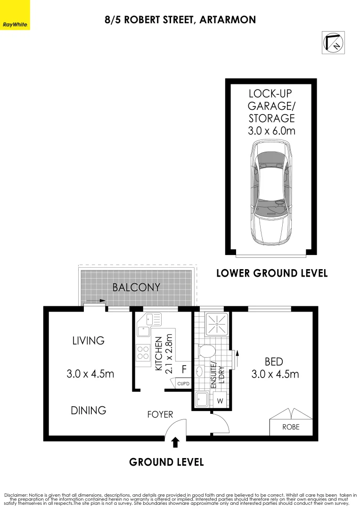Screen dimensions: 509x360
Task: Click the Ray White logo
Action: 15,24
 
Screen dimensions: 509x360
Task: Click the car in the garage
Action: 271,194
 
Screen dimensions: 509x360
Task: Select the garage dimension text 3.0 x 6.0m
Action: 271,131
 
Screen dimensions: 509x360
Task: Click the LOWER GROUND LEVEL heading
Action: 271,273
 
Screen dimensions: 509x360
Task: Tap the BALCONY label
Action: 136,287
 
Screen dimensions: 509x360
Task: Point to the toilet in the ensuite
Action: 206,351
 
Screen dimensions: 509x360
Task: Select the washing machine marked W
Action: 220,402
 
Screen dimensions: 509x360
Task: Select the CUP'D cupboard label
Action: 183,384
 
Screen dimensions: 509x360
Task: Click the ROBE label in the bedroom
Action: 290,427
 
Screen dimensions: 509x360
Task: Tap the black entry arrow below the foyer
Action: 175,442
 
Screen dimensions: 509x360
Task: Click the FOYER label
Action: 160,415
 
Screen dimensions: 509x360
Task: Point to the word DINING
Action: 88,410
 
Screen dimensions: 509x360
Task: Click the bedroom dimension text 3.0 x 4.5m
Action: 276,374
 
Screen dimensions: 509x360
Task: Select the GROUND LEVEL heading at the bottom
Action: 166,462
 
